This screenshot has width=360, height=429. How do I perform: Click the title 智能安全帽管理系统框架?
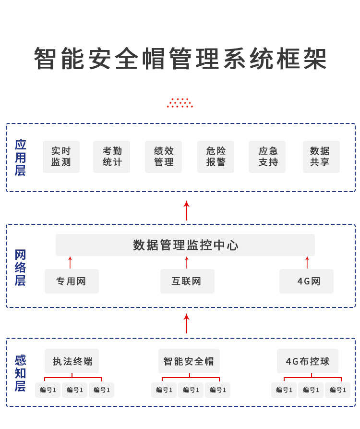(180, 59)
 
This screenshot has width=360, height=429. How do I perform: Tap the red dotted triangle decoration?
(180, 103)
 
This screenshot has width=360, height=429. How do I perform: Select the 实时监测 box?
(61, 157)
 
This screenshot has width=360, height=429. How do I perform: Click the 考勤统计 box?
(111, 157)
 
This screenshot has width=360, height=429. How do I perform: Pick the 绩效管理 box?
(163, 157)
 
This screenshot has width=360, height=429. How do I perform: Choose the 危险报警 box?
(216, 157)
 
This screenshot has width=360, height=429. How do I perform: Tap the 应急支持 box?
(267, 157)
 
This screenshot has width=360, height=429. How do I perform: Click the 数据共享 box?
(321, 157)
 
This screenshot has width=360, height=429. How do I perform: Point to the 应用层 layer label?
(20, 158)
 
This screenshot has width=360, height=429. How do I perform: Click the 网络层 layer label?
(20, 268)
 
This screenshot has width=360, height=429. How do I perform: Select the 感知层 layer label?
(20, 373)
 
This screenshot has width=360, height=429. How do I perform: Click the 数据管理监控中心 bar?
(185, 245)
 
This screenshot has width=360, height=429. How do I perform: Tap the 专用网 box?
(72, 282)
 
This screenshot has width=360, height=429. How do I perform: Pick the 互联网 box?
(187, 282)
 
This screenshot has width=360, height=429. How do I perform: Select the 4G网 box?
(306, 282)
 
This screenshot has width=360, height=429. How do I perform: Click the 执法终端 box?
(72, 361)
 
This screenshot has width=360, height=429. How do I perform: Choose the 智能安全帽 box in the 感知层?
(189, 361)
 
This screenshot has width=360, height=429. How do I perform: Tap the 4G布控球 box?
(308, 361)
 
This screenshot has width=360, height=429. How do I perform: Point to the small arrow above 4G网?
(307, 262)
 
